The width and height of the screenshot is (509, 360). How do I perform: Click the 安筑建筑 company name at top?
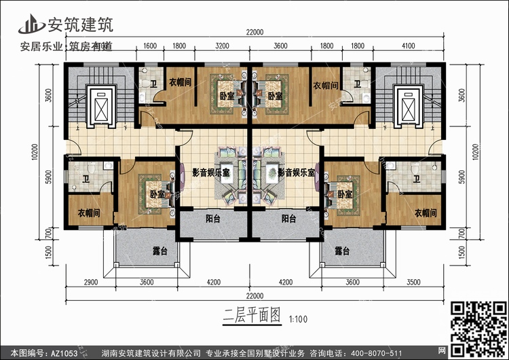point(79,24)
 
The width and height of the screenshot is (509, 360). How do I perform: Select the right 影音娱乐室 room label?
point(296,173)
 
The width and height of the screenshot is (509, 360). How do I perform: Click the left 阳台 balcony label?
point(212,219)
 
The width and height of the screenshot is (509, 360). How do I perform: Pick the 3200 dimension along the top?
point(221,46)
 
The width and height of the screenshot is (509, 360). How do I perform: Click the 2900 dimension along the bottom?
point(94,282)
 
